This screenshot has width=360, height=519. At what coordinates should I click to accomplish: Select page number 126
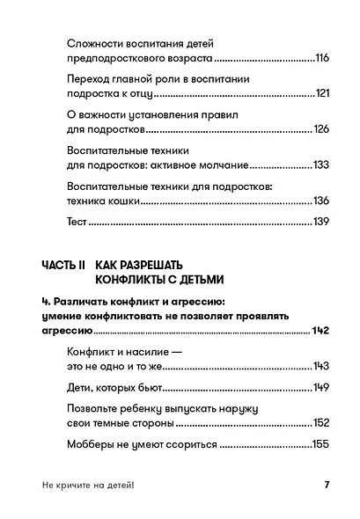point(321,130)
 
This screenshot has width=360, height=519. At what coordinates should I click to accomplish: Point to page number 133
point(321,165)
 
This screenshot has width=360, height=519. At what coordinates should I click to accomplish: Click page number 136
point(321,201)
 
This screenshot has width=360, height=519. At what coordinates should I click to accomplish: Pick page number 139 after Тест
point(321,223)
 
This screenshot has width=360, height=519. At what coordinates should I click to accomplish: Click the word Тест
point(77,223)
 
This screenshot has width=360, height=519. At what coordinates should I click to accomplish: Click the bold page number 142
point(322,330)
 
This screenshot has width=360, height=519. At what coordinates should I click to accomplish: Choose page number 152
point(321,423)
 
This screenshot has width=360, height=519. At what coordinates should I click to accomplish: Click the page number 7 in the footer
point(326,486)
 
